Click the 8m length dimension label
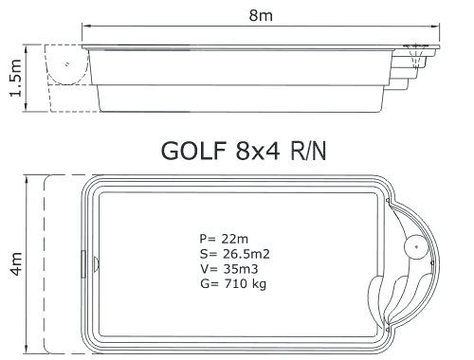tap(261, 15)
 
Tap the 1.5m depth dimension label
tap(16, 78)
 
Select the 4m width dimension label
tap(16, 264)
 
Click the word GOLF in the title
tap(193, 151)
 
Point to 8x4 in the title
tap(258, 151)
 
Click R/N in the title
tap(308, 151)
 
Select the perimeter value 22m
tap(235, 239)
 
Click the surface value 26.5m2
tap(246, 254)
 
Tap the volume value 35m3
tap(241, 269)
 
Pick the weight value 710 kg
tap(246, 284)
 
